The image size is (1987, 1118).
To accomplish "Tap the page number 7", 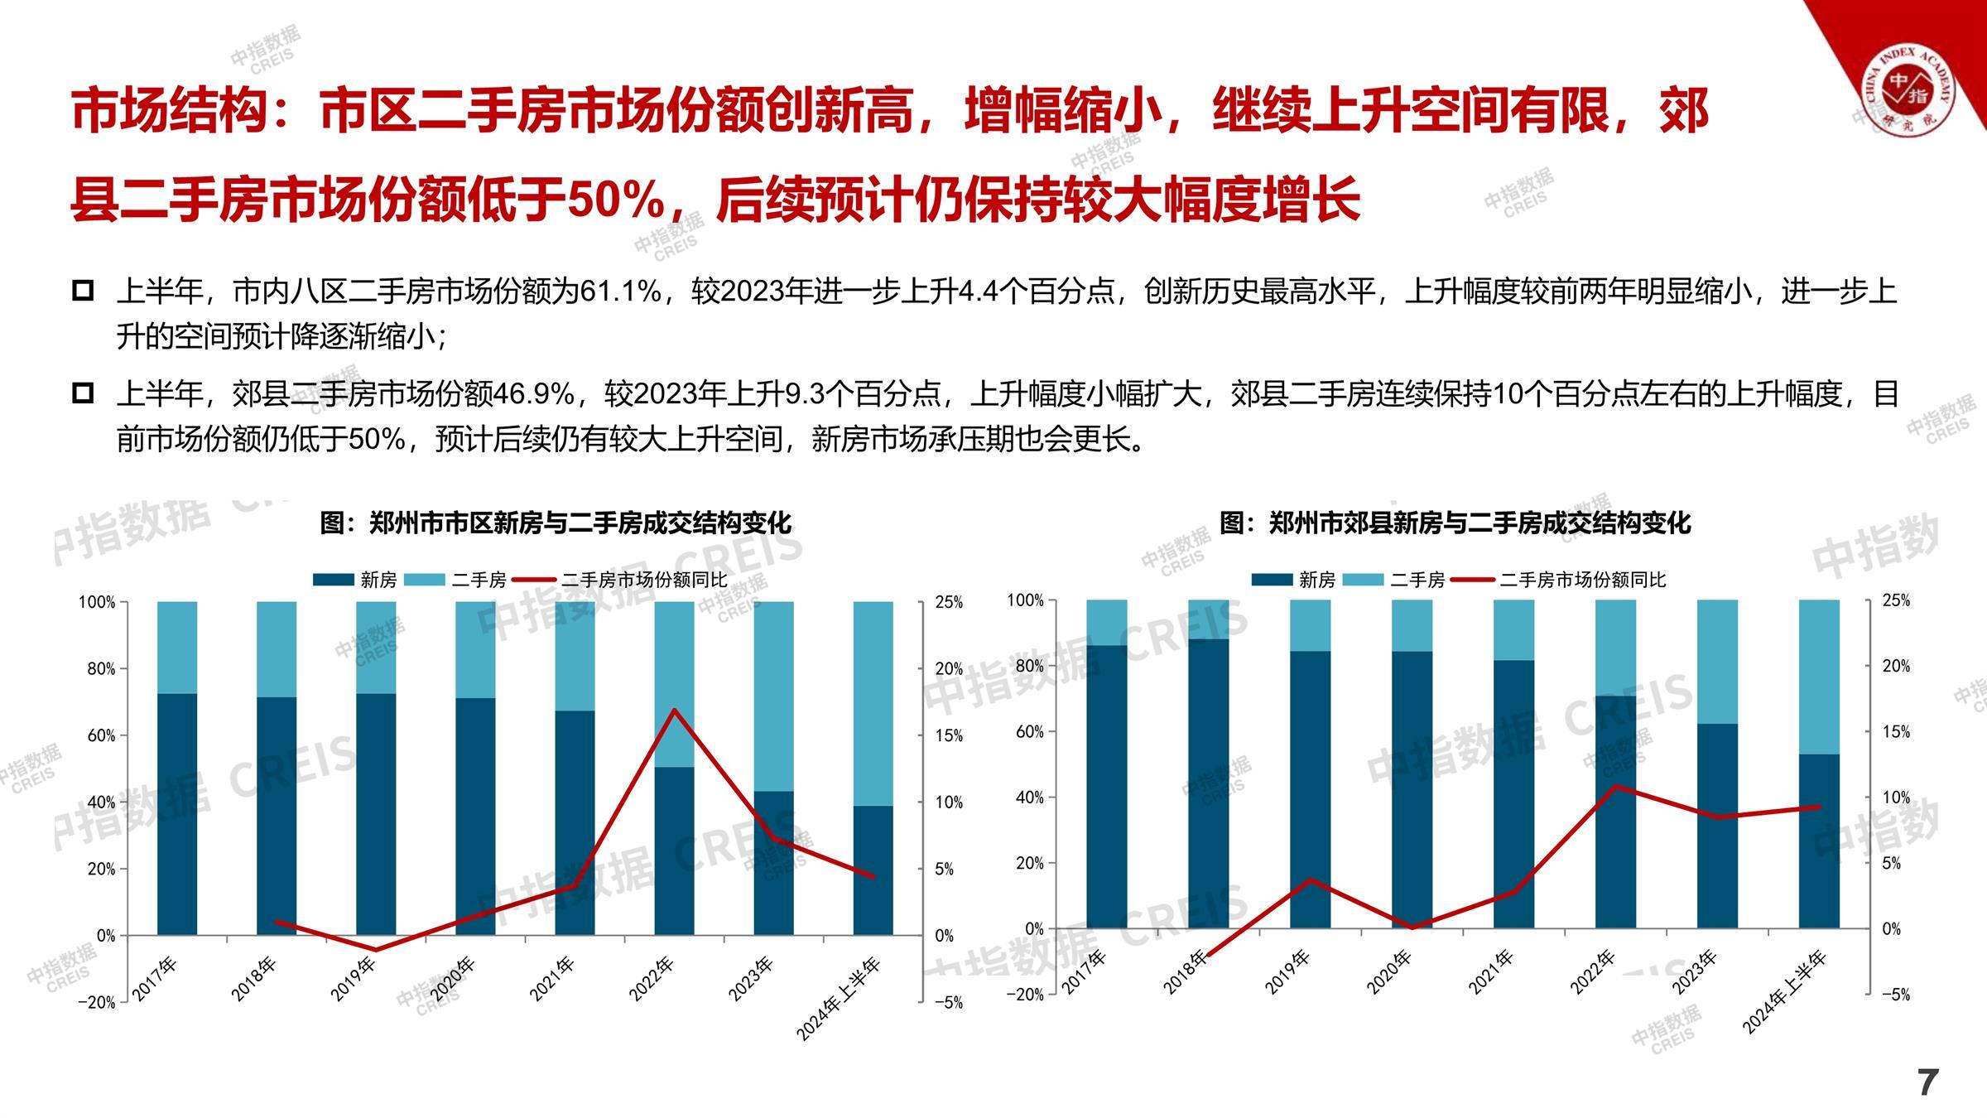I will tap(1928, 1082).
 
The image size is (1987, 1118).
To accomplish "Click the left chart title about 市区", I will tap(556, 523).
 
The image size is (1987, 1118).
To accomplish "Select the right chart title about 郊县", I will tap(1455, 523).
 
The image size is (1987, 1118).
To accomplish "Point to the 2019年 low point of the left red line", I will tap(376, 950).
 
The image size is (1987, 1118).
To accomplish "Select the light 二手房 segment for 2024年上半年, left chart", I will tap(873, 703).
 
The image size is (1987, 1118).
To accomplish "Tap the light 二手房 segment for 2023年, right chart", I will tap(1717, 661).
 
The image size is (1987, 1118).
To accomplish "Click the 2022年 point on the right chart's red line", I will tap(1616, 785).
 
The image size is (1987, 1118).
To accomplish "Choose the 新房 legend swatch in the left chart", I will tap(333, 580).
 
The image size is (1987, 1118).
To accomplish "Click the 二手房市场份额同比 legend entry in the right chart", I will tap(1581, 580).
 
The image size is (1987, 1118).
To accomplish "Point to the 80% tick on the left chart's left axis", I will tap(101, 669).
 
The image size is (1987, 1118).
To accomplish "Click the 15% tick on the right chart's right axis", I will tap(1896, 732).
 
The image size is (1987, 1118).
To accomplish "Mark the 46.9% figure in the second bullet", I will tap(534, 393).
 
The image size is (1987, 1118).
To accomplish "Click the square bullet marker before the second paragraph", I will tap(83, 393).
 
